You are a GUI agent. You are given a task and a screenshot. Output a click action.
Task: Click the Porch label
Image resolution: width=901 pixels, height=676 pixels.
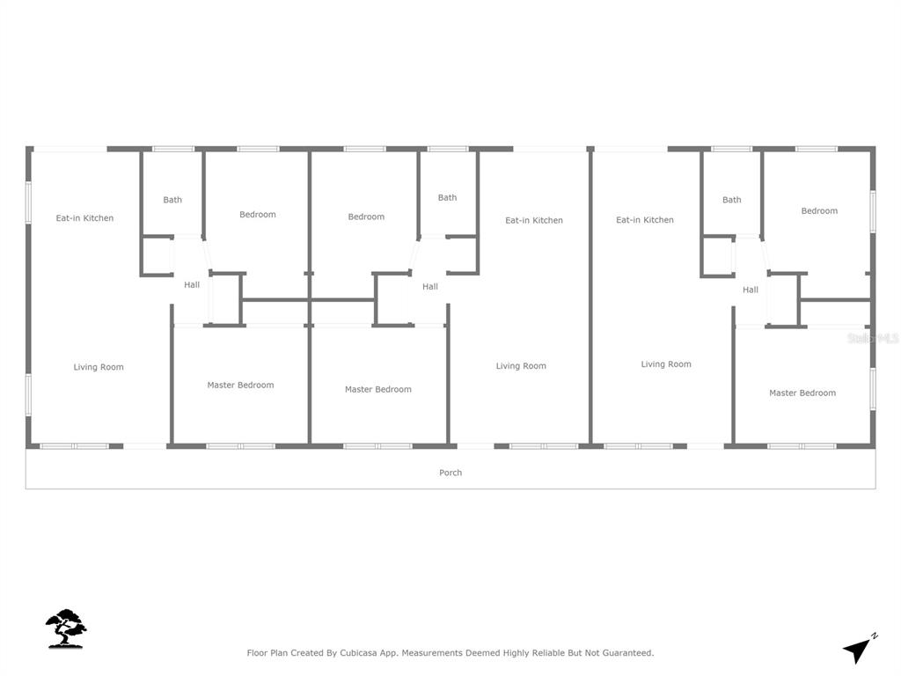450,473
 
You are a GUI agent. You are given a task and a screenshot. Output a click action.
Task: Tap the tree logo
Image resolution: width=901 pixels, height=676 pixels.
66,628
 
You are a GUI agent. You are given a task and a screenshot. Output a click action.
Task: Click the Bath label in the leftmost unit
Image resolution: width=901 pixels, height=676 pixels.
172,200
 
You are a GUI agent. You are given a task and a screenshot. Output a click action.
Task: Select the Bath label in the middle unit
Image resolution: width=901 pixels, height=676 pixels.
447,198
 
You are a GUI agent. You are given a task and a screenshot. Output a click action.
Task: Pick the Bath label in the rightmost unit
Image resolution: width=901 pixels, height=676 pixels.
731,200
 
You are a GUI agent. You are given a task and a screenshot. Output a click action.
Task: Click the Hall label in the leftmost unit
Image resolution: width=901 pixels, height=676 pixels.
191,284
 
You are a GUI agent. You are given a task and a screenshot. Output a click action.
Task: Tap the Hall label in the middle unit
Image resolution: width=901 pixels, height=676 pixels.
429,286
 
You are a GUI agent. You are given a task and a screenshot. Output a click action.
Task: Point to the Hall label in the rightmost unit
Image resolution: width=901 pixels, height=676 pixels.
750,290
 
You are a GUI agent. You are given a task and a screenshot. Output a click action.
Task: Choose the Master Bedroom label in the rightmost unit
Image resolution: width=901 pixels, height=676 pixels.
802,393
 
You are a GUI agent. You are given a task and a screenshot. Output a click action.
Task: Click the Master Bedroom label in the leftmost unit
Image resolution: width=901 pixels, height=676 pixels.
240,386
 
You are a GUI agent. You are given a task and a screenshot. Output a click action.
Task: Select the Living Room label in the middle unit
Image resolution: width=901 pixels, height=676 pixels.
521,365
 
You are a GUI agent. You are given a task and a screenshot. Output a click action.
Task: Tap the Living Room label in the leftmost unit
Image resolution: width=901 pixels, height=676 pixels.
99,367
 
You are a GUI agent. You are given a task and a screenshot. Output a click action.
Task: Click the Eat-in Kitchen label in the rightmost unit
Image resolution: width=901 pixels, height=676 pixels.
644,219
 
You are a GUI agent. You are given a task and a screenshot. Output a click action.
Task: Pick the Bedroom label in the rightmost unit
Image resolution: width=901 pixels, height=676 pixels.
819,211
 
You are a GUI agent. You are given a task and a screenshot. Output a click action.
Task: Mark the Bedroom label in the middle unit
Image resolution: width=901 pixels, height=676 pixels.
366,217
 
